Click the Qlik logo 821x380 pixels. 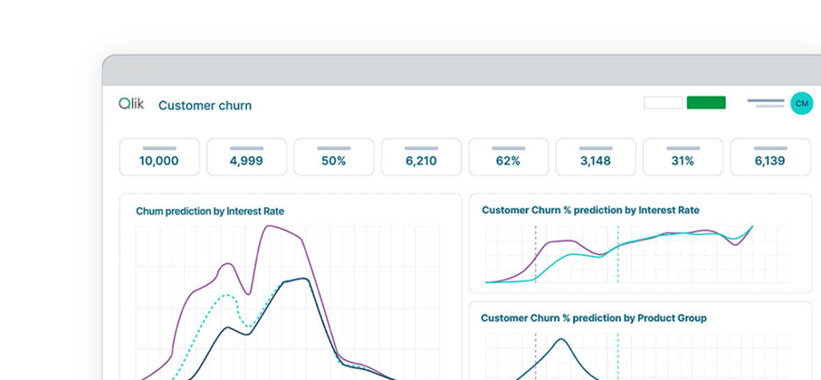click(131, 104)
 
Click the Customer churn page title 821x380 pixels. click(205, 106)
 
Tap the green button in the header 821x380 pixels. click(706, 103)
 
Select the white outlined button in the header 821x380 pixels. click(663, 103)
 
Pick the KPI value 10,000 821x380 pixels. click(159, 161)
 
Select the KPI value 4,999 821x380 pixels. click(246, 161)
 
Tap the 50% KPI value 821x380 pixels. click(334, 161)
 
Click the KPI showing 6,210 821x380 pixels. click(421, 161)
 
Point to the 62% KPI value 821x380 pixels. click(508, 161)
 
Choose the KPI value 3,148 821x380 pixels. click(596, 161)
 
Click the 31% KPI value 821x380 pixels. click(682, 161)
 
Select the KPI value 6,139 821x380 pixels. click(770, 161)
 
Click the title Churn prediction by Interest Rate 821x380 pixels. click(210, 212)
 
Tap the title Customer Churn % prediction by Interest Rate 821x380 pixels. click(590, 210)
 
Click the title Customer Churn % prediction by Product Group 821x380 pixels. click(593, 318)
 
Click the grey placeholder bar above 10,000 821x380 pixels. click(159, 148)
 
